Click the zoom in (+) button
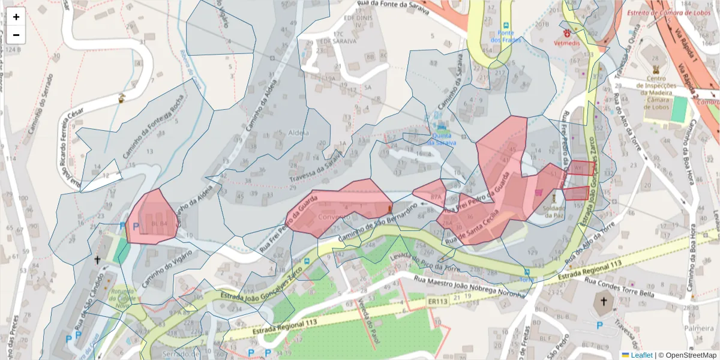pyautogui.click(x=16, y=17)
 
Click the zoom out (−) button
pyautogui.click(x=16, y=35)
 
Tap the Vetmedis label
pyautogui.click(x=566, y=44)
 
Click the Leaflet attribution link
pyautogui.click(x=637, y=355)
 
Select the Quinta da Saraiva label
pyautogui.click(x=442, y=139)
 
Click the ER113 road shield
pyautogui.click(x=438, y=301)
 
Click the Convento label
pyautogui.click(x=335, y=216)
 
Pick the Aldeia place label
pyautogui.click(x=298, y=133)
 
